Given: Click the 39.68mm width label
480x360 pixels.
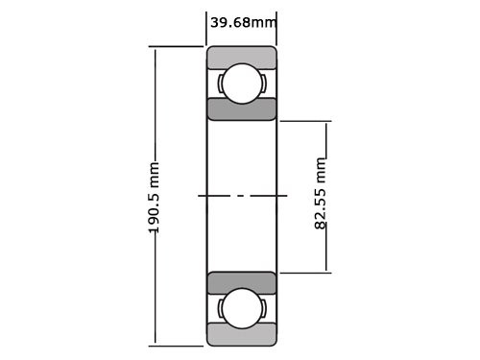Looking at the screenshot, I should point(242,22).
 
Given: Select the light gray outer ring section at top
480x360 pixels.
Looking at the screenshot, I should point(242,56).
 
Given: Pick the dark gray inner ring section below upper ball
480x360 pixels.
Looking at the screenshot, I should point(242,108).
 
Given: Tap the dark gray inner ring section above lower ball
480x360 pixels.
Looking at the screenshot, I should point(242,282).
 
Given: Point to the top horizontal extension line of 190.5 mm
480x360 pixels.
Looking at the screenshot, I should point(178,47).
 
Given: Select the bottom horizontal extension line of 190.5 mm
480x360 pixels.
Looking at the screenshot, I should point(178,344).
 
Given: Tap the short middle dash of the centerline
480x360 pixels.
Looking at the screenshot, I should point(242,196).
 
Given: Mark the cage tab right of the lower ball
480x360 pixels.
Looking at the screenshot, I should point(263,308).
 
